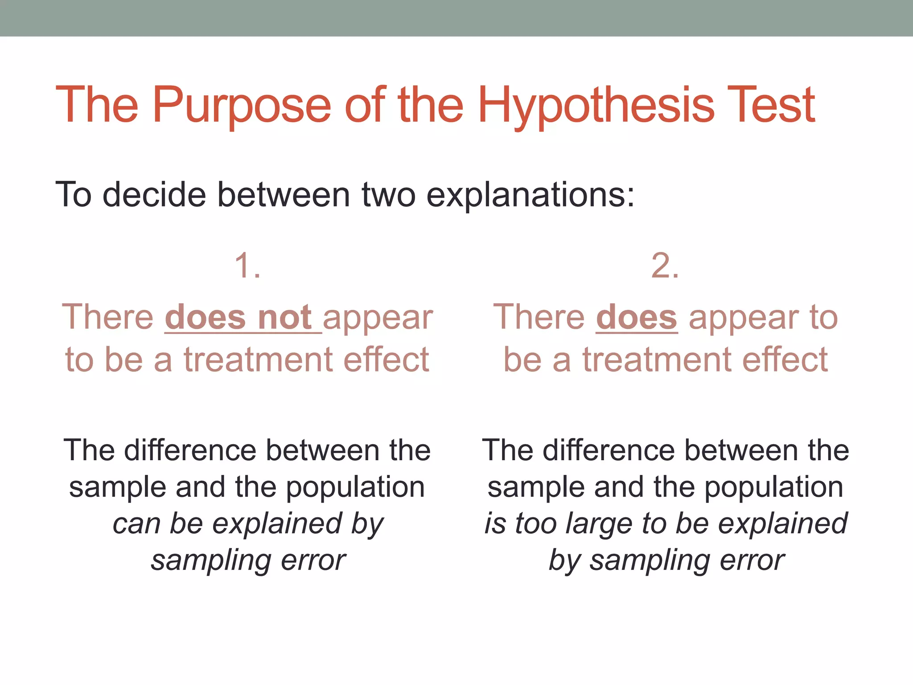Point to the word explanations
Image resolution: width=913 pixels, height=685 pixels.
530,194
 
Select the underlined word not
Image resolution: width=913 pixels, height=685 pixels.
284,318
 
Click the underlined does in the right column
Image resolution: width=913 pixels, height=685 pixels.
637,318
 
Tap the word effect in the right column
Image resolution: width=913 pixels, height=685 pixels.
785,359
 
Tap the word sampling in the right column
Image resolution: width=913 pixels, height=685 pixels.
650,560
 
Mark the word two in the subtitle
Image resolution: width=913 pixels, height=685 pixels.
388,194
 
